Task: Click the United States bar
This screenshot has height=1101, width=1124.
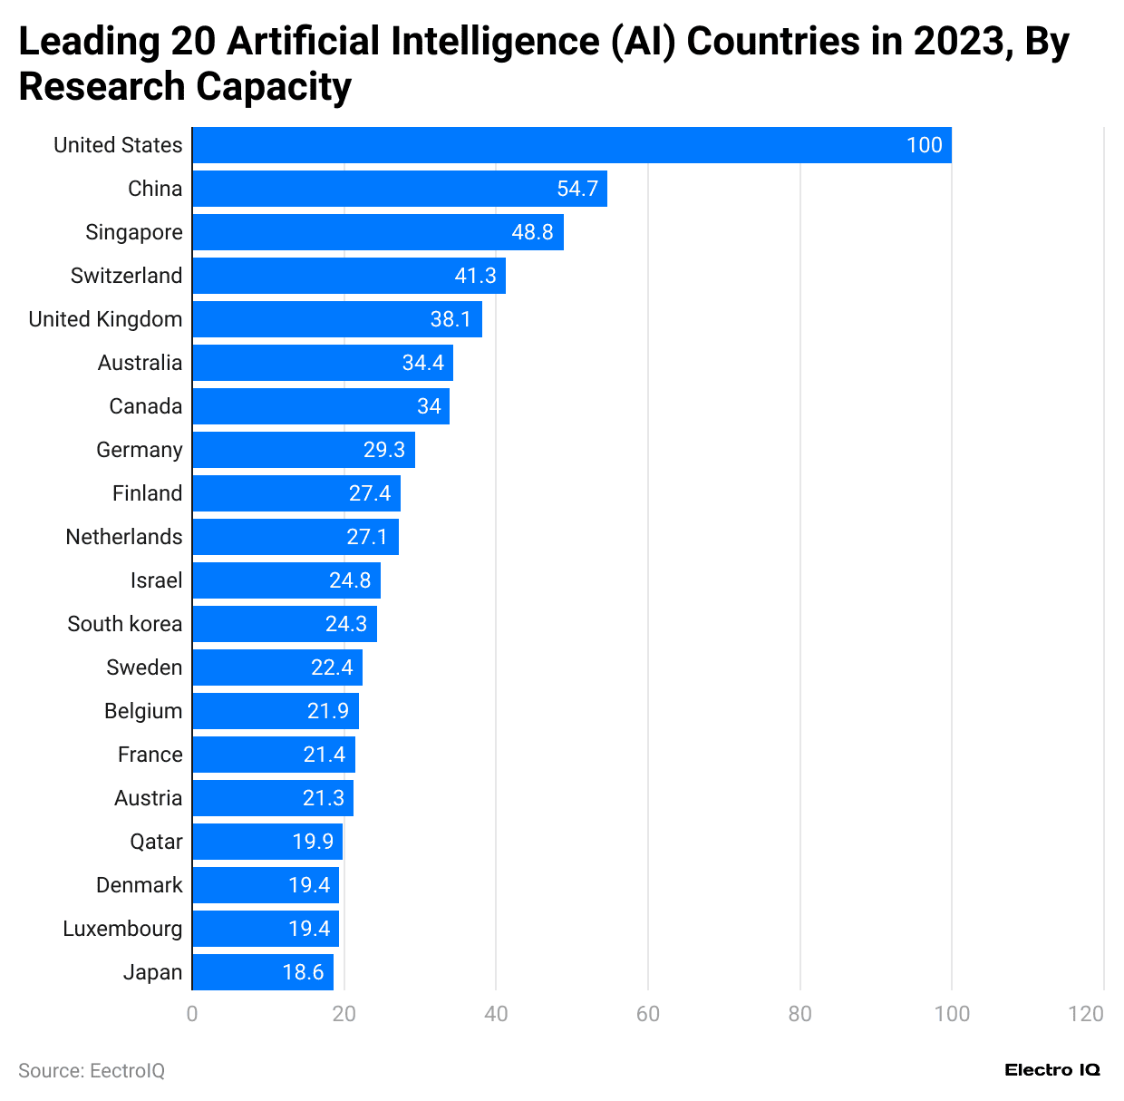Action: pos(571,145)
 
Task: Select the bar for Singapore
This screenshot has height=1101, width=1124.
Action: pos(377,232)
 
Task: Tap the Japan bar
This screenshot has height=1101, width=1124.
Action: pos(262,972)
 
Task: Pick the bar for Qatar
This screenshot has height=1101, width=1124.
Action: pos(266,842)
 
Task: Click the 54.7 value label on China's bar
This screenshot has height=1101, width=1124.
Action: pos(577,189)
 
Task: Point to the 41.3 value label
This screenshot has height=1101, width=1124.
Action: pos(475,276)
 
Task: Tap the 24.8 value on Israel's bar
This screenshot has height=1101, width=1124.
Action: pos(350,580)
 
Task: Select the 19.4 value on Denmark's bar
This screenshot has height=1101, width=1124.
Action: pos(309,885)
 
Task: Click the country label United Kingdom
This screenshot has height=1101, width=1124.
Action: pos(105,319)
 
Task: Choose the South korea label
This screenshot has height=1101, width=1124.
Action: pos(124,624)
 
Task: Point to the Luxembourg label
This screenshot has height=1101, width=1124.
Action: pos(122,929)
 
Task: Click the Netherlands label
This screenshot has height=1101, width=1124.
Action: pos(124,537)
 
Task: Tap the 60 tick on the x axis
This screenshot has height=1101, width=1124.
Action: pos(648,1014)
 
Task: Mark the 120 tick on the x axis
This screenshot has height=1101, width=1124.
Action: pos(1086,1014)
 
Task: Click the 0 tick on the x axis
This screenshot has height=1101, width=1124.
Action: pos(192,1014)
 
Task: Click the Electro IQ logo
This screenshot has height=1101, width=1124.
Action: pos(1052,1070)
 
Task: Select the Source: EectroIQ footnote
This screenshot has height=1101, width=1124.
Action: pos(92,1071)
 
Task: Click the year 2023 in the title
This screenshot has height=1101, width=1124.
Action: pos(963,42)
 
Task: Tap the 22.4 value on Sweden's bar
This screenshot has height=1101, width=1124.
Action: pos(332,667)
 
